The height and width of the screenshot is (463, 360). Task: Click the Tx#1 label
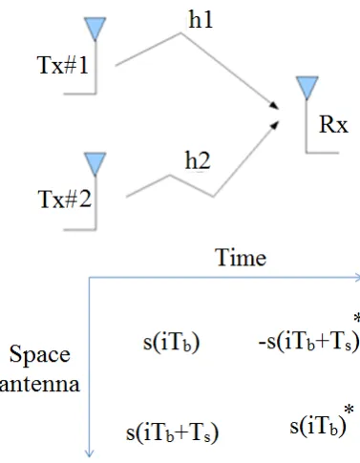click(x=63, y=65)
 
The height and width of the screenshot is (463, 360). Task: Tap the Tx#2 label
click(x=65, y=200)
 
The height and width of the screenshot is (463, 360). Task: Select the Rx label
click(x=333, y=124)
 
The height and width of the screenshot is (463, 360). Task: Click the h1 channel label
click(x=201, y=19)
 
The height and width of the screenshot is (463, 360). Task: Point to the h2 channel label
click(x=198, y=160)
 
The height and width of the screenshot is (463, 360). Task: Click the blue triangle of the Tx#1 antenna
click(x=95, y=29)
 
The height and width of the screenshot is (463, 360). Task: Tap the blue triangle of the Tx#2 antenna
click(x=95, y=164)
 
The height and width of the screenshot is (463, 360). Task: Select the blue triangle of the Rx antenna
click(x=307, y=88)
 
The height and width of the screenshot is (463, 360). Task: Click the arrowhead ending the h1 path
click(x=274, y=106)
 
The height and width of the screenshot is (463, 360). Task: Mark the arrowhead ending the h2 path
click(x=274, y=125)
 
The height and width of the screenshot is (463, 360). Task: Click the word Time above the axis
click(x=241, y=258)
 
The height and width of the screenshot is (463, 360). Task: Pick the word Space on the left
click(x=40, y=355)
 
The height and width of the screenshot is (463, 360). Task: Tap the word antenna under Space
click(x=39, y=384)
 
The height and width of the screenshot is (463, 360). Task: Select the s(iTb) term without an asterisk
click(x=172, y=343)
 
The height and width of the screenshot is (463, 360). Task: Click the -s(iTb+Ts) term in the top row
click(x=309, y=343)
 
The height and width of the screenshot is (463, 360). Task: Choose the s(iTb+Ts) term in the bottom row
click(x=173, y=432)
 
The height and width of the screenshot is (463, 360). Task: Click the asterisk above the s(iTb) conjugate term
click(x=349, y=409)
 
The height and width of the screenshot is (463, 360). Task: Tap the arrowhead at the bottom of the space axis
click(x=90, y=453)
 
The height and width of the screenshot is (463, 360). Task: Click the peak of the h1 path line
click(x=181, y=32)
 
